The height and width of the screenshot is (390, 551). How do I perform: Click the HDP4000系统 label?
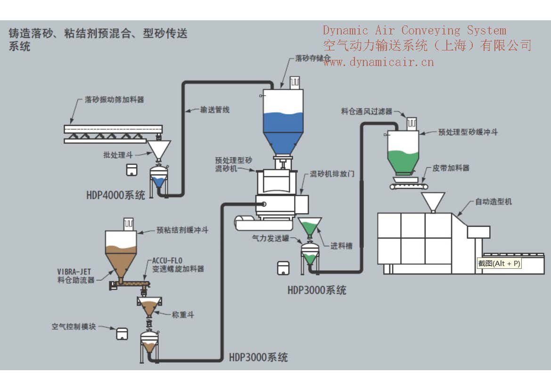(x=115, y=195)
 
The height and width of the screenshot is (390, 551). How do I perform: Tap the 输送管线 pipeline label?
(x=214, y=110)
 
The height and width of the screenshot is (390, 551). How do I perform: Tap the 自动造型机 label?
(x=493, y=202)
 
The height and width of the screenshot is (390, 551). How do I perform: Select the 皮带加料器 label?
(x=451, y=168)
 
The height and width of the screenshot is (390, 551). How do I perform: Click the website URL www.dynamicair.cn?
(x=378, y=62)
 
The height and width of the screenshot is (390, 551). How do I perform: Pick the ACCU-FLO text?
(x=167, y=260)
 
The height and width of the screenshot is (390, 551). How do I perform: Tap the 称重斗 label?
(x=183, y=314)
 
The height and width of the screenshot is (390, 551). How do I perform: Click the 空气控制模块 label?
(x=74, y=326)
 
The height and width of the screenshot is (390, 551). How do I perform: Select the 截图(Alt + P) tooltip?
(x=499, y=264)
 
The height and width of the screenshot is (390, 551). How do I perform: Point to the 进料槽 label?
(x=341, y=245)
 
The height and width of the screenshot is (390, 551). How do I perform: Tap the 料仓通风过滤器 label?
(x=367, y=112)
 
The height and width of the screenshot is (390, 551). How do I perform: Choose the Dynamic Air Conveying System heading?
(x=414, y=31)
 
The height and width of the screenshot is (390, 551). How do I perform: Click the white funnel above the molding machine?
(x=433, y=201)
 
